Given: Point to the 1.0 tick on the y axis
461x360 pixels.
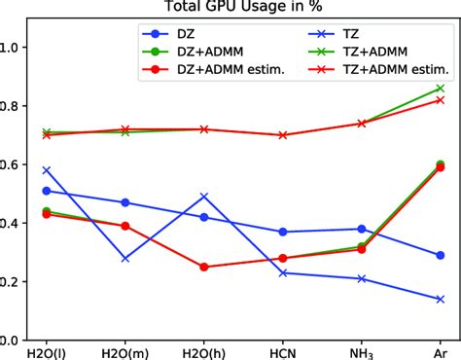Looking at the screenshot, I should coord(19,48).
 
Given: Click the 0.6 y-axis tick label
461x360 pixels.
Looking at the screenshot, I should coord(19,164).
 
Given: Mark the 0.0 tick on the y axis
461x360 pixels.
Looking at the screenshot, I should coord(19,340).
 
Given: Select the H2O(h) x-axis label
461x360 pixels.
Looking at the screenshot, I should coord(203,351).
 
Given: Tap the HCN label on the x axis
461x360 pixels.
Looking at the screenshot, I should coord(282,351).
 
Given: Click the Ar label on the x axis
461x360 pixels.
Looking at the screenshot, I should coord(441,351).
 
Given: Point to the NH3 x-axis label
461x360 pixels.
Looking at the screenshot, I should coord(361,351).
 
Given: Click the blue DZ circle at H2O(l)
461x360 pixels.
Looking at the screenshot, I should coord(46,191).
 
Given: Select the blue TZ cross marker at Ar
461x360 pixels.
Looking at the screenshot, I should coord(441,299).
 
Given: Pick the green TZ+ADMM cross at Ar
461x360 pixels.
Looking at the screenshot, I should coord(441,89).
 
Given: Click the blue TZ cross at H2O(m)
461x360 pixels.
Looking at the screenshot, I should coord(124,258).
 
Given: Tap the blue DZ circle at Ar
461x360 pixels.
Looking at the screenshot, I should coord(441,255).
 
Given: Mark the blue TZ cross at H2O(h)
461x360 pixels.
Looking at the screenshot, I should coord(203,197).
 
